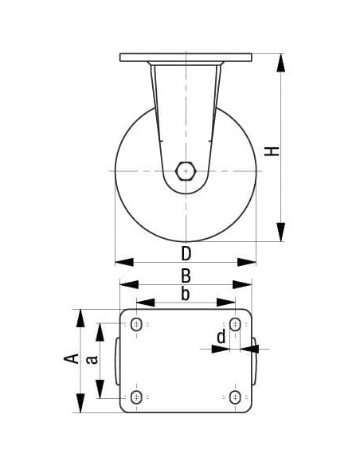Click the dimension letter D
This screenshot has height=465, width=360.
[186, 254]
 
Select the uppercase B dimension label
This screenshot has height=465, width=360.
[185, 275]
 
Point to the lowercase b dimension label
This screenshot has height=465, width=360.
[185, 294]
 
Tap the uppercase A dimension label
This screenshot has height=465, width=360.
[71, 359]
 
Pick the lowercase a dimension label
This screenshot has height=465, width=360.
[92, 359]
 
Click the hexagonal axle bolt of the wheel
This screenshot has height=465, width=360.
[186, 170]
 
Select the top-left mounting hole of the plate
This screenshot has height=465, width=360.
[137, 324]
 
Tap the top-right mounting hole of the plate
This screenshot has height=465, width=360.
[234, 324]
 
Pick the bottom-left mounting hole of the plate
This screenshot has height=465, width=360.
[137, 397]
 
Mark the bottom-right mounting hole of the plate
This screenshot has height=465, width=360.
[234, 397]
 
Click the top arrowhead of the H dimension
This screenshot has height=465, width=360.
[280, 62]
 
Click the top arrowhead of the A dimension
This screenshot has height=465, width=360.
[79, 318]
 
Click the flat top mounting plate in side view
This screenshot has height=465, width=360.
[186, 57]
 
